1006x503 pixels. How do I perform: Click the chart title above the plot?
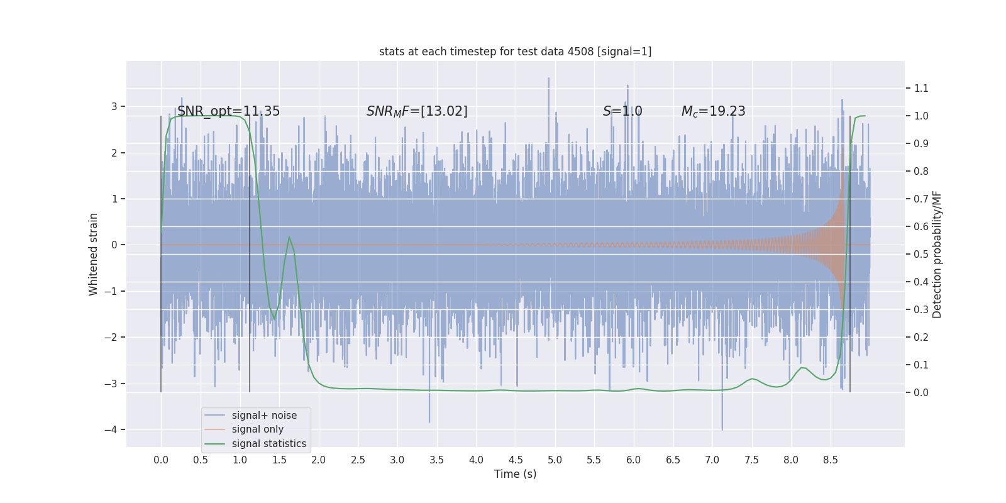point(515,52)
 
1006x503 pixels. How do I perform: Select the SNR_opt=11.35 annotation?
point(228,111)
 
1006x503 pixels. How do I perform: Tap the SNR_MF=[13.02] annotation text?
point(417,111)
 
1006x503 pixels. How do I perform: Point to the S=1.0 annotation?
point(622,111)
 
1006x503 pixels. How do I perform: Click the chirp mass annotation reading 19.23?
point(713,111)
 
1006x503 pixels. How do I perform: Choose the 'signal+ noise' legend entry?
point(264,416)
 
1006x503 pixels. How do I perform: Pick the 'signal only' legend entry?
point(257,429)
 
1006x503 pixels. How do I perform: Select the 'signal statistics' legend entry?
point(268,444)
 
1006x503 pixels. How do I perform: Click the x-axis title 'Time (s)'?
point(515,474)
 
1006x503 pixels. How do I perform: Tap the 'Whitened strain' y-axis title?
point(94,254)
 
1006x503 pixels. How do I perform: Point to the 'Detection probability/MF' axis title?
point(937,254)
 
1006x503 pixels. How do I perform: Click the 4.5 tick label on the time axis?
point(516,460)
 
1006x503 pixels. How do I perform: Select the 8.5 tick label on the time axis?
point(830,460)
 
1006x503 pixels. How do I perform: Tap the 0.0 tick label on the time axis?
point(161,460)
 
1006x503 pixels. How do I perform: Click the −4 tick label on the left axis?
point(114,430)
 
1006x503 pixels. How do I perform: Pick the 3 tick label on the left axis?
point(114,106)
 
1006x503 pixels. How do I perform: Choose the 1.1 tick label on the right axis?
point(921,89)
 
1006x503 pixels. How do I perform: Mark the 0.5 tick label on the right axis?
point(921,254)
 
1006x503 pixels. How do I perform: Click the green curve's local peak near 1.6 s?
point(289,237)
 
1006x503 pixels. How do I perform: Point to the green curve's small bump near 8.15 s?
point(803,368)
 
